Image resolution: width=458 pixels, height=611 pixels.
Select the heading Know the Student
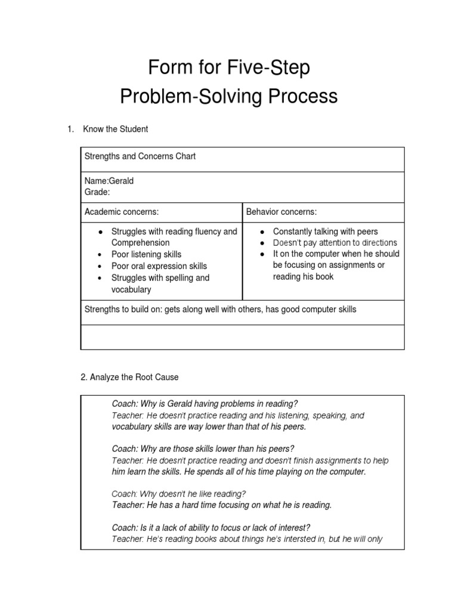(x=116, y=129)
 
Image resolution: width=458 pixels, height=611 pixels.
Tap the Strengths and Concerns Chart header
(x=140, y=156)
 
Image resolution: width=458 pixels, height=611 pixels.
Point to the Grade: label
(x=97, y=192)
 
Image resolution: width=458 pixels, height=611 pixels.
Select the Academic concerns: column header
(x=122, y=211)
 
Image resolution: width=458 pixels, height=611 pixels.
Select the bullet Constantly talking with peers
(x=325, y=231)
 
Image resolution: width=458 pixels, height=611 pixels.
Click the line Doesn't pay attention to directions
(x=335, y=243)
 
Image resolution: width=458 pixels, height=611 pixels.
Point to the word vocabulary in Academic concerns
(x=131, y=289)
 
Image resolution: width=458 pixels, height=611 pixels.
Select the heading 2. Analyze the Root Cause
(x=129, y=377)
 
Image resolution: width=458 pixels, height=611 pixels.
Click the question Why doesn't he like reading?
(x=179, y=493)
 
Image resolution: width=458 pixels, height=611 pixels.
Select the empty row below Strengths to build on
(x=242, y=337)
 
